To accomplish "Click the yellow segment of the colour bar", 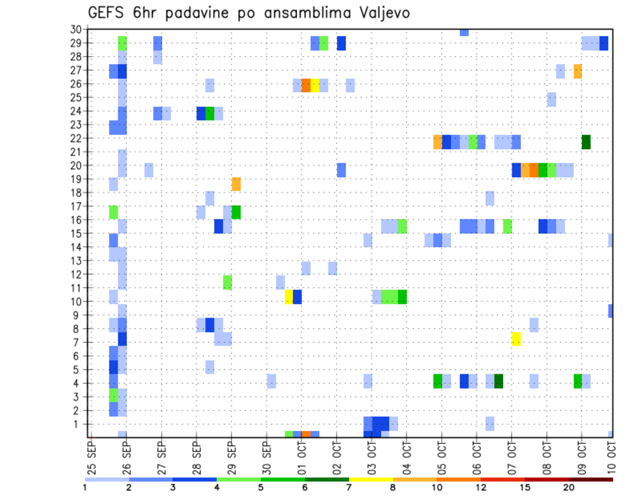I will pos(371,479).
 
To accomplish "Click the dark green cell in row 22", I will pos(586,142).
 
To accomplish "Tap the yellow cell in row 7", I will pos(516,339).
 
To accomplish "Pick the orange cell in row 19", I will pos(236,184).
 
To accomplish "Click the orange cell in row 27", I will pos(578,71).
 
